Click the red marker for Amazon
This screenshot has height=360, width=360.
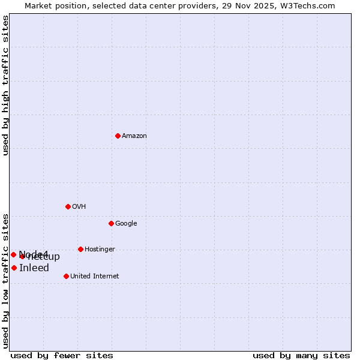point(118,136)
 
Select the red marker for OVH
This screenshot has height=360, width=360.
point(68,206)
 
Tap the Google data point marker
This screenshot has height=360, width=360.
point(111,223)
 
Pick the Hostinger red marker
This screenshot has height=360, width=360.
point(80,249)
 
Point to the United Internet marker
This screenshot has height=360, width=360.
point(66,276)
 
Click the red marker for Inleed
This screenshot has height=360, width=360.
point(14,268)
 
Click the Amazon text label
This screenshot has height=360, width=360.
point(134,136)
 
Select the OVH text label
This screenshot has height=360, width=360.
point(79,207)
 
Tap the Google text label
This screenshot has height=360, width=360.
point(126,224)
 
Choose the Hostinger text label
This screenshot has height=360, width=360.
point(100,250)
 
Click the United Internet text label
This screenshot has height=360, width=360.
point(94,277)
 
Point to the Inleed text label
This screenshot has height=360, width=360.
point(34,268)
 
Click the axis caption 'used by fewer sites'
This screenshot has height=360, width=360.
point(62,355)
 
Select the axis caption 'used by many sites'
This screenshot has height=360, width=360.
point(301,355)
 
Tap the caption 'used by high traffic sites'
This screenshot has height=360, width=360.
point(5,85)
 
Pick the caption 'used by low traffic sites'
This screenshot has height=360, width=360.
point(5,280)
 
